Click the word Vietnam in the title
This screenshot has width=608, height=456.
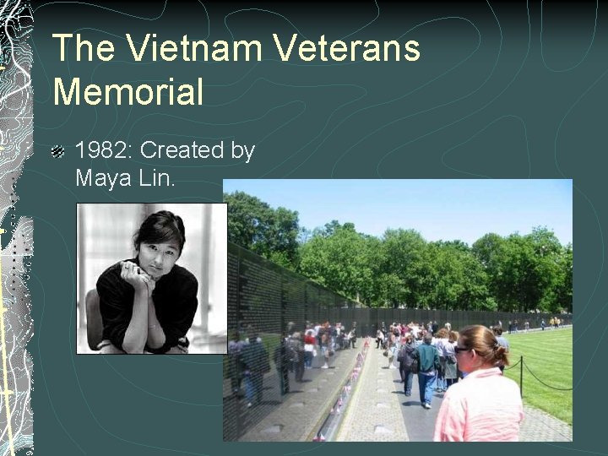point(181,48)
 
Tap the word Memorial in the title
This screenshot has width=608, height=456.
point(128,91)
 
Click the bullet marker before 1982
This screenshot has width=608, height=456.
point(57,152)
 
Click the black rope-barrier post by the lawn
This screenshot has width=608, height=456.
point(521,376)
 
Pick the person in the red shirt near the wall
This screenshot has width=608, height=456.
point(310,345)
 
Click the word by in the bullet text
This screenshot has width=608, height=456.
point(242,151)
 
